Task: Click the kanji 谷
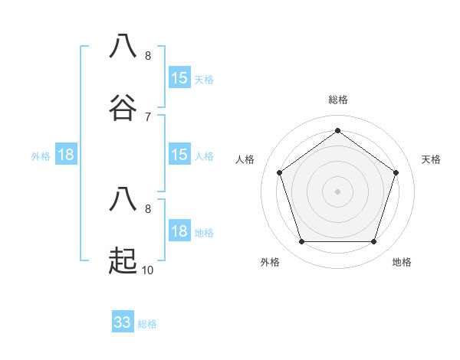click(x=123, y=108)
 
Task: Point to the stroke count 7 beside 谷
click(x=147, y=116)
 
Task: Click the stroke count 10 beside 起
click(x=147, y=270)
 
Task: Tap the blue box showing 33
click(x=123, y=322)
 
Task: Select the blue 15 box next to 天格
click(x=179, y=78)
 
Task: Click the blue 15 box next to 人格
click(x=179, y=155)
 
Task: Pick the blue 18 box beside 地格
click(x=179, y=231)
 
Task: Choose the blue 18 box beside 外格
click(x=66, y=155)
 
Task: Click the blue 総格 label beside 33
click(x=147, y=324)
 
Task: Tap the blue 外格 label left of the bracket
click(x=41, y=156)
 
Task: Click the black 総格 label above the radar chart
click(x=338, y=100)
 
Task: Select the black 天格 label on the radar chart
click(x=431, y=159)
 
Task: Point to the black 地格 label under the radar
click(x=402, y=262)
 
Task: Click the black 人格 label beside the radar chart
click(x=245, y=159)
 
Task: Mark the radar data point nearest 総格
click(x=337, y=130)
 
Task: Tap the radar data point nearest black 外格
click(x=301, y=242)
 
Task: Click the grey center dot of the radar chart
click(x=337, y=191)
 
